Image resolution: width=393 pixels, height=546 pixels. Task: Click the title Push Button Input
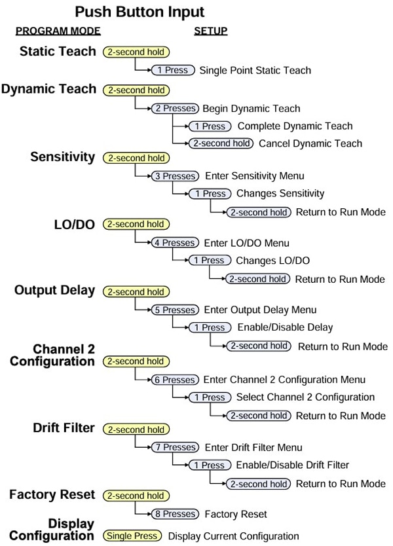pyautogui.click(x=139, y=12)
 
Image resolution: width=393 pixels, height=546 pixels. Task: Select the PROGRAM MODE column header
pyautogui.click(x=58, y=31)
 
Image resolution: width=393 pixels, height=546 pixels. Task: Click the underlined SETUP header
pyautogui.click(x=210, y=31)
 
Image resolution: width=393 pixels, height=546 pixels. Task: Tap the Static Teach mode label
pyautogui.click(x=58, y=51)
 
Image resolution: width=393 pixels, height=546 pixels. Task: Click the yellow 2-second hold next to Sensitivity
pyautogui.click(x=136, y=158)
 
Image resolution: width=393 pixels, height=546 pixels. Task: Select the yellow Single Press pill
pyautogui.click(x=132, y=536)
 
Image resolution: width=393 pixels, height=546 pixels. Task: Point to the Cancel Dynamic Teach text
pyautogui.click(x=310, y=143)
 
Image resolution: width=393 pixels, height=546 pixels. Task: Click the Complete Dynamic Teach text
pyautogui.click(x=295, y=126)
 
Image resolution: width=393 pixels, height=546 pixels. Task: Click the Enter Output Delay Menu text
pyautogui.click(x=261, y=310)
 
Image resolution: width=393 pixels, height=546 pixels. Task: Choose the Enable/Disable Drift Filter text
pyautogui.click(x=293, y=465)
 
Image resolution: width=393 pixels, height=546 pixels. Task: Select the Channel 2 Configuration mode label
pyautogui.click(x=52, y=355)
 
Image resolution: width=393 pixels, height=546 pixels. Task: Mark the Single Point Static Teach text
pyautogui.click(x=255, y=70)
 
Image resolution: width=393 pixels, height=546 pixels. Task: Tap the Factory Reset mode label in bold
pyautogui.click(x=52, y=495)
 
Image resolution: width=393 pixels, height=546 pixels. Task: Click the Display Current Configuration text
pyautogui.click(x=234, y=536)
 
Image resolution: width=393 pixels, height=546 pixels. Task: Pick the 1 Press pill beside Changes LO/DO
pyautogui.click(x=209, y=261)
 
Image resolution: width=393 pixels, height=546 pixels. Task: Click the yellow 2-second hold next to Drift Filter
pyautogui.click(x=136, y=429)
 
